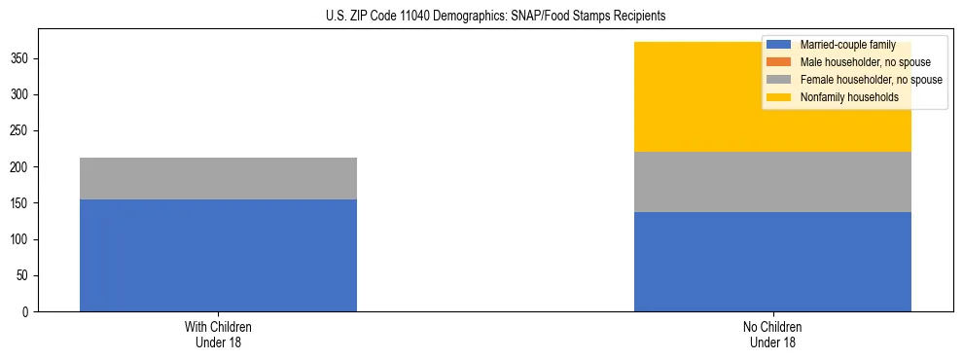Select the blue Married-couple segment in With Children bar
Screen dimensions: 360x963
click(x=218, y=255)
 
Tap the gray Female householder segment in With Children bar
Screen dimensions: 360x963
click(x=218, y=178)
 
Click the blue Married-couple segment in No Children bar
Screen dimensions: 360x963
click(x=772, y=262)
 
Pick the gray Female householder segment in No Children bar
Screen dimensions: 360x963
click(x=772, y=182)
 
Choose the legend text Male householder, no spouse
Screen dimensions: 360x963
click(x=858, y=62)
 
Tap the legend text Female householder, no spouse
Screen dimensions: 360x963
click(x=871, y=80)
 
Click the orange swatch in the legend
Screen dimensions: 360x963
click(x=779, y=62)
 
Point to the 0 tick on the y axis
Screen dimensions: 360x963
click(x=26, y=312)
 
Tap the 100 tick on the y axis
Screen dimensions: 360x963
click(x=20, y=240)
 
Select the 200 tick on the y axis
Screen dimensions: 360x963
click(x=20, y=167)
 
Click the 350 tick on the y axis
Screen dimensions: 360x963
click(x=20, y=59)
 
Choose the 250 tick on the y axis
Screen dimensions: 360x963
click(x=20, y=131)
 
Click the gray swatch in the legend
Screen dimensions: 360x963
click(x=779, y=80)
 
